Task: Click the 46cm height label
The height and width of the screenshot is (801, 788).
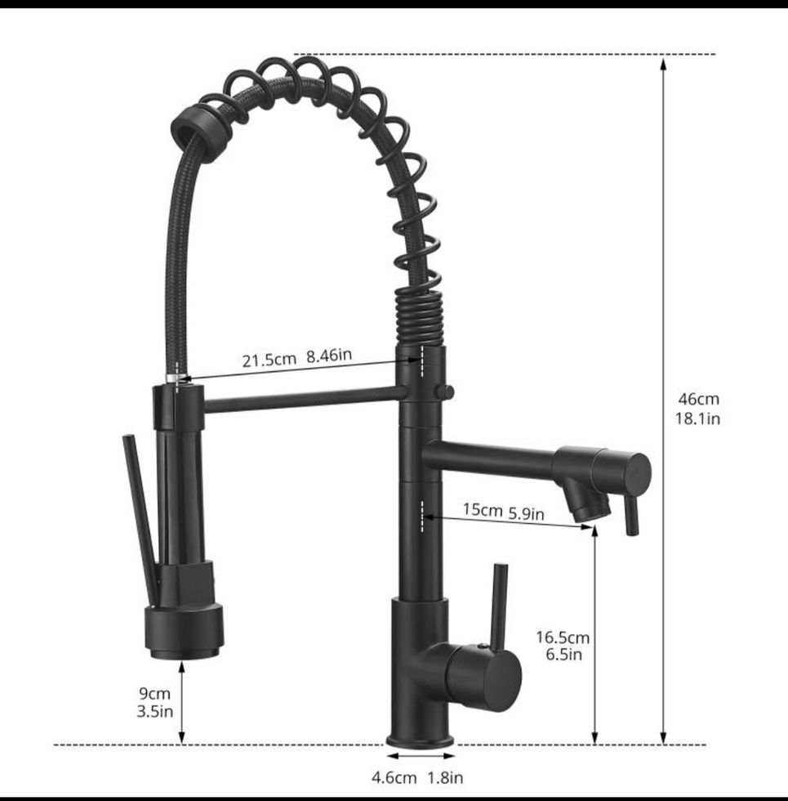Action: point(698,399)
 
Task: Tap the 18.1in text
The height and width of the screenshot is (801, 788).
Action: point(697,418)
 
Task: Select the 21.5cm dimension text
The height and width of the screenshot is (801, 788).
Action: point(269,360)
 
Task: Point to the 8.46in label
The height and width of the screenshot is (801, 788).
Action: point(329,355)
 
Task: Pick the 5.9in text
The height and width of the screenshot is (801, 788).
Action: point(526,513)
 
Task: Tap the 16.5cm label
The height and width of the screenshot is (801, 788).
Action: point(563,638)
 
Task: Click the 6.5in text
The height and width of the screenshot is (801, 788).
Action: point(563,655)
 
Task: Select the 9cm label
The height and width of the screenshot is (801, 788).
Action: point(154,694)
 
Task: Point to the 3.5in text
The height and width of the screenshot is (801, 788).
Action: point(154,711)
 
